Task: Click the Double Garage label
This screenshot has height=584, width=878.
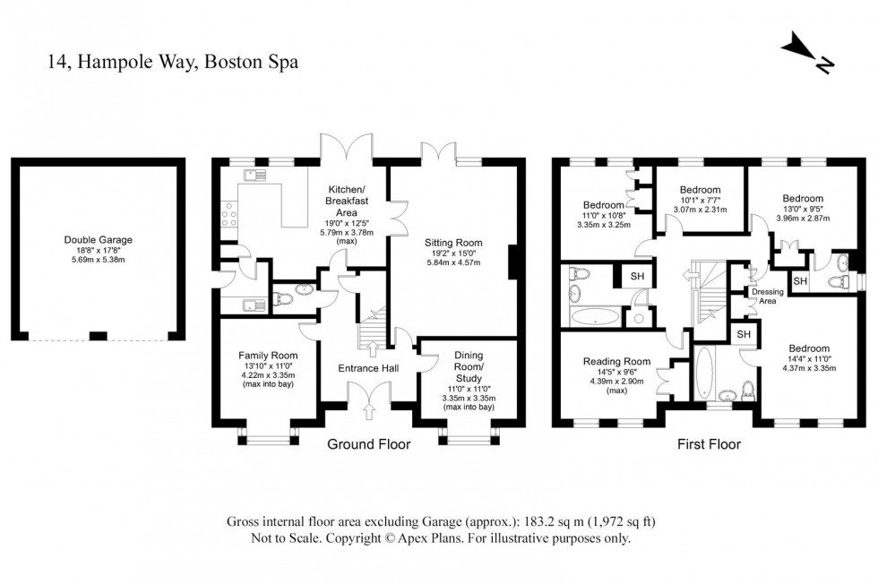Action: pos(98,239)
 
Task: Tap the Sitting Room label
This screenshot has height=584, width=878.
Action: pos(453,243)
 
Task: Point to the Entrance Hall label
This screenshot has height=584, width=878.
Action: pos(368,368)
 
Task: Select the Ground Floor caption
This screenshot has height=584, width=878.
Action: pos(368,444)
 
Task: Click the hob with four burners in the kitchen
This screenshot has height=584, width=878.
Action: pos(228,215)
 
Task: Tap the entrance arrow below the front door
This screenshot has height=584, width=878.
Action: pos(368,411)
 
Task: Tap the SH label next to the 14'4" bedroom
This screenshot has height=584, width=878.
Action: pos(744,334)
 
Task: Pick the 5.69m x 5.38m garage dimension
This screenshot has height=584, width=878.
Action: pos(98,260)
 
